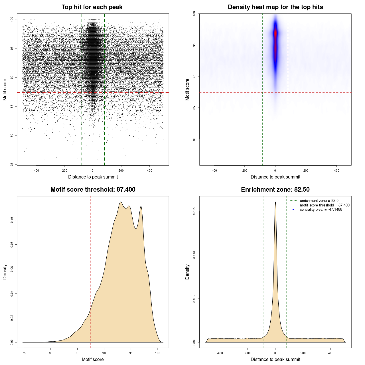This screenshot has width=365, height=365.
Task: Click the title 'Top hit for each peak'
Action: coord(92,7)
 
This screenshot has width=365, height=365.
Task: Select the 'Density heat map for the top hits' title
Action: coord(275,7)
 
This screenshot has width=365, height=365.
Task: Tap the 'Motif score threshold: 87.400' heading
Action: coord(93,190)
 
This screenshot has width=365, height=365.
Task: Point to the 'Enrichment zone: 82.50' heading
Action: coord(275,190)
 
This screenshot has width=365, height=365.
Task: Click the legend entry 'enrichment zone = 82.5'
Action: coord(319,201)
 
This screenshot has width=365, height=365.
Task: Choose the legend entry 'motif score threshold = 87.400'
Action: coord(325,205)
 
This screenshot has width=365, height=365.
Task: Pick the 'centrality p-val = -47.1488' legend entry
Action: coord(321,210)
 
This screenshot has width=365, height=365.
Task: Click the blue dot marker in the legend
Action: coord(293,210)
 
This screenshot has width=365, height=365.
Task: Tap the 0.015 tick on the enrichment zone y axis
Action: coord(194,211)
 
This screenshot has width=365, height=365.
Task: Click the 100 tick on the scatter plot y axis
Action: coord(12,19)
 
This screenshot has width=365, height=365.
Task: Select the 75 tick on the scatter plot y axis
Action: coord(12,165)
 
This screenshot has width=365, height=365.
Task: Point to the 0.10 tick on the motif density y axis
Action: coord(12,220)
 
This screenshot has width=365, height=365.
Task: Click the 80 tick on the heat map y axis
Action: coord(194,139)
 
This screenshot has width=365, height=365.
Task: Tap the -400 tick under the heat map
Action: coord(214,171)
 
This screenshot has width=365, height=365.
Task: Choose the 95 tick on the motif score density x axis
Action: coord(131,353)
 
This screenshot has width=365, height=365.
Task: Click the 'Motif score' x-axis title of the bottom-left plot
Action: coord(93,359)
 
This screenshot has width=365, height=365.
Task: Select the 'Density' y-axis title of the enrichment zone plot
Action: coord(187,272)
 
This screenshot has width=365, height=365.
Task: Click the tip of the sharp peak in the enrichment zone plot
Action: coord(275,202)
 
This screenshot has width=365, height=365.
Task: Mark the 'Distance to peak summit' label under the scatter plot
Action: coord(93,177)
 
